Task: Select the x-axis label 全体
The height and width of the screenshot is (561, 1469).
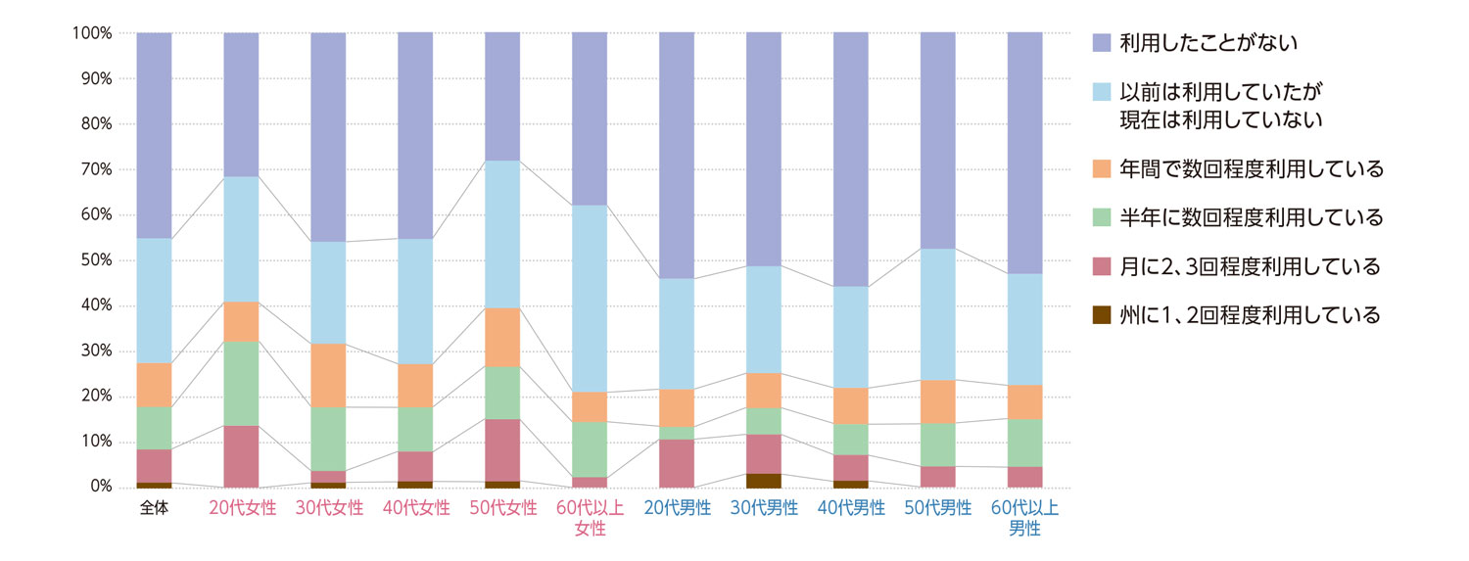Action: [154, 508]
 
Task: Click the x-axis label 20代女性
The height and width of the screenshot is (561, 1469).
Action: [242, 508]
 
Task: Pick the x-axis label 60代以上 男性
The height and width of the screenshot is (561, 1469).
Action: [1025, 518]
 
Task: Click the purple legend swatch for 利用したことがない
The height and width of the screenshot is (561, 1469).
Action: [1102, 42]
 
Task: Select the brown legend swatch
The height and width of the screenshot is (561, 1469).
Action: [1102, 316]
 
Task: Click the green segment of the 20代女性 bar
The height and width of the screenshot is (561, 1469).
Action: [241, 384]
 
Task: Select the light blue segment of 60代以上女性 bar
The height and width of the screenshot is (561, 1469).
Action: [590, 299]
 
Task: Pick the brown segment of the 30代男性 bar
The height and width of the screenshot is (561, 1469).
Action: [764, 480]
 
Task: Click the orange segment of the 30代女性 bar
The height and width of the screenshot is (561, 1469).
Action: [328, 375]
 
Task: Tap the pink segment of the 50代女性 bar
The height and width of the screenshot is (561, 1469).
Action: [502, 449]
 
